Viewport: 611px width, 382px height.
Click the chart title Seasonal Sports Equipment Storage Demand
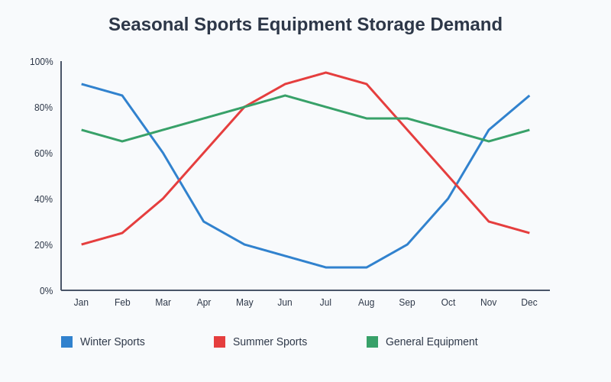point(305,24)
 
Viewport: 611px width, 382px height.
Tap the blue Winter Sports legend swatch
point(66,342)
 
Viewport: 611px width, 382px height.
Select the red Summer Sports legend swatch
point(219,342)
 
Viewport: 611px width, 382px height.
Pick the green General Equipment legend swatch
point(372,342)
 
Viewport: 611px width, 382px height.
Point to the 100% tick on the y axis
point(42,62)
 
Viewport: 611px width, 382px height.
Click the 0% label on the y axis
point(47,291)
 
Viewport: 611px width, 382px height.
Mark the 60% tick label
point(44,154)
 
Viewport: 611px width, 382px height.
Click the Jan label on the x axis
point(81,303)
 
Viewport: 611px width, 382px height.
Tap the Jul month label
point(325,303)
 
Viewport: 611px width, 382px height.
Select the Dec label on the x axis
point(529,303)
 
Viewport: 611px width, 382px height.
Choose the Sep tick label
point(407,303)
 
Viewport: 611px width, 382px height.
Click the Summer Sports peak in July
point(325,73)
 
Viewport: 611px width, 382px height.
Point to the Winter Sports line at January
point(82,84)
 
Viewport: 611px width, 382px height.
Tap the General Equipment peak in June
point(285,95)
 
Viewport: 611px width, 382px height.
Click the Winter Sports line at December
point(529,95)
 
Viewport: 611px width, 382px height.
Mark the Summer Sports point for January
point(82,244)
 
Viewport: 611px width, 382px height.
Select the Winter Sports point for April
point(204,222)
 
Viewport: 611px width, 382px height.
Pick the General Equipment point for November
point(489,141)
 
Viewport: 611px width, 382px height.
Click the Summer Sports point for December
point(529,233)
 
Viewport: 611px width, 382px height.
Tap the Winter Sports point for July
point(325,267)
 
